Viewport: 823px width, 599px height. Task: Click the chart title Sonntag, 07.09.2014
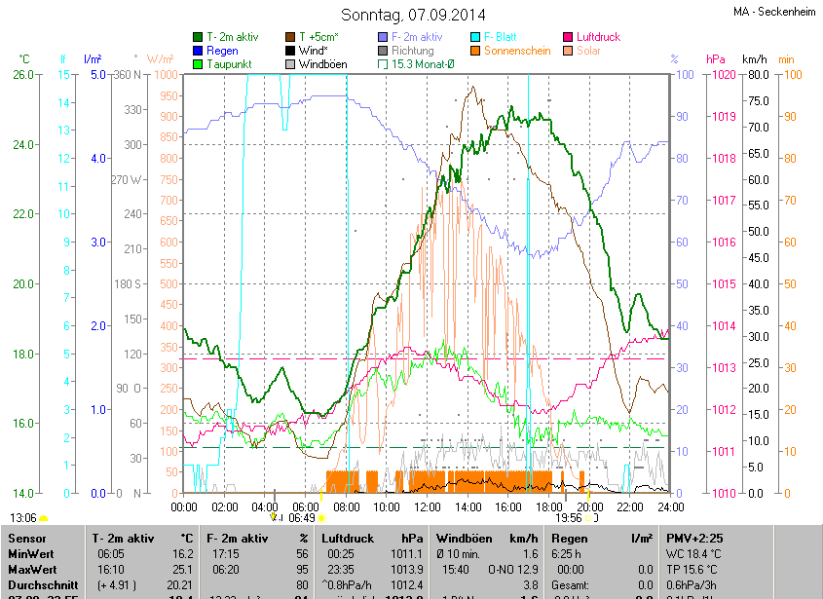(411, 15)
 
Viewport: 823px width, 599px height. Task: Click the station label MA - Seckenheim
(774, 12)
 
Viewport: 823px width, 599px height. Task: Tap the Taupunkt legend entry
(229, 64)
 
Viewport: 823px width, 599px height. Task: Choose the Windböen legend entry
(322, 64)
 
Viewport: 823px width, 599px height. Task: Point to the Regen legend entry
(222, 51)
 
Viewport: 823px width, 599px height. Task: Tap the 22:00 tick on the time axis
(630, 506)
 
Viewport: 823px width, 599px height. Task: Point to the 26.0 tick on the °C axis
(22, 75)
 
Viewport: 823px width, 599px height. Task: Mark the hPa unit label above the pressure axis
(716, 59)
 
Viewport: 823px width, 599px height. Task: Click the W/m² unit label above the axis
(161, 59)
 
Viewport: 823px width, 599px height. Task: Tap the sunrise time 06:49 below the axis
(302, 518)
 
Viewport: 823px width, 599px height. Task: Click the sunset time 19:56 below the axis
(568, 518)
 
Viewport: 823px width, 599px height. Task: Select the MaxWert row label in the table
(31, 568)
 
